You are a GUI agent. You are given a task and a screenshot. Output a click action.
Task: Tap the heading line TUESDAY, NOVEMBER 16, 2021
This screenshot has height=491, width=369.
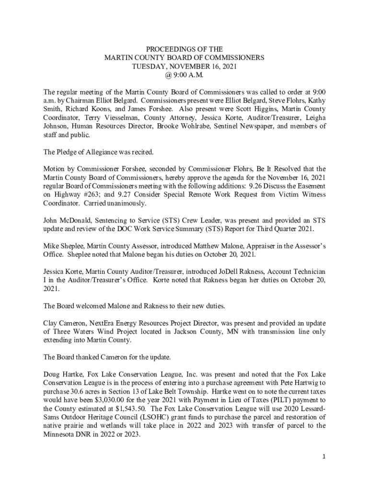click(184, 66)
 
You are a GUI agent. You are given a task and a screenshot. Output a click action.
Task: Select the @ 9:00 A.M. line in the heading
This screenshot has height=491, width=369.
click(184, 75)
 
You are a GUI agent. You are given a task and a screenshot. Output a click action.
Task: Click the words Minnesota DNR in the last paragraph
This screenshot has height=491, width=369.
click(67, 434)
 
